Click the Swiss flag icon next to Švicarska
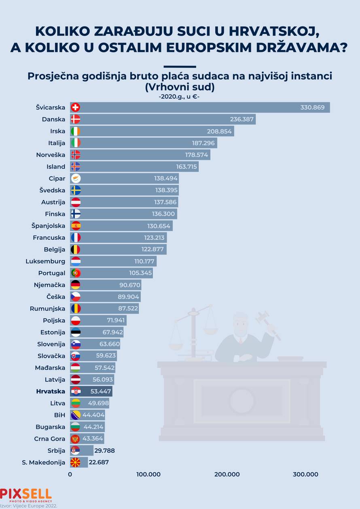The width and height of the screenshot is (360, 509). tap(75, 107)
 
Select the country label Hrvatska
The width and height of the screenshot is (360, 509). tap(51, 391)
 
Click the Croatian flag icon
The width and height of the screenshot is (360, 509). tap(75, 391)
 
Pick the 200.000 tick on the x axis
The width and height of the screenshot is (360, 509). tap(227, 474)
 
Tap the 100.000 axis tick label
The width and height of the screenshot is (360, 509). tap(148, 474)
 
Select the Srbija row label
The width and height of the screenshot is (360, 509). tap(56, 450)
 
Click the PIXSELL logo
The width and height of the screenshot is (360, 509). tap(26, 494)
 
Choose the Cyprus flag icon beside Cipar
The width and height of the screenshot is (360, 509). tap(75, 178)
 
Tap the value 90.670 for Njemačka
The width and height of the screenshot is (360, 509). tap(130, 285)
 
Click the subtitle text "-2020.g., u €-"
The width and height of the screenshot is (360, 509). tap(180, 96)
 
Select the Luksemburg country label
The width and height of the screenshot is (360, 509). tap(45, 261)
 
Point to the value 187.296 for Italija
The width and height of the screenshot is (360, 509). tap(203, 143)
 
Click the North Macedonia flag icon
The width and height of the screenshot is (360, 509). tap(75, 462)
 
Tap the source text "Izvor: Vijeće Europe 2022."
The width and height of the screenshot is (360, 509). tap(29, 505)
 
